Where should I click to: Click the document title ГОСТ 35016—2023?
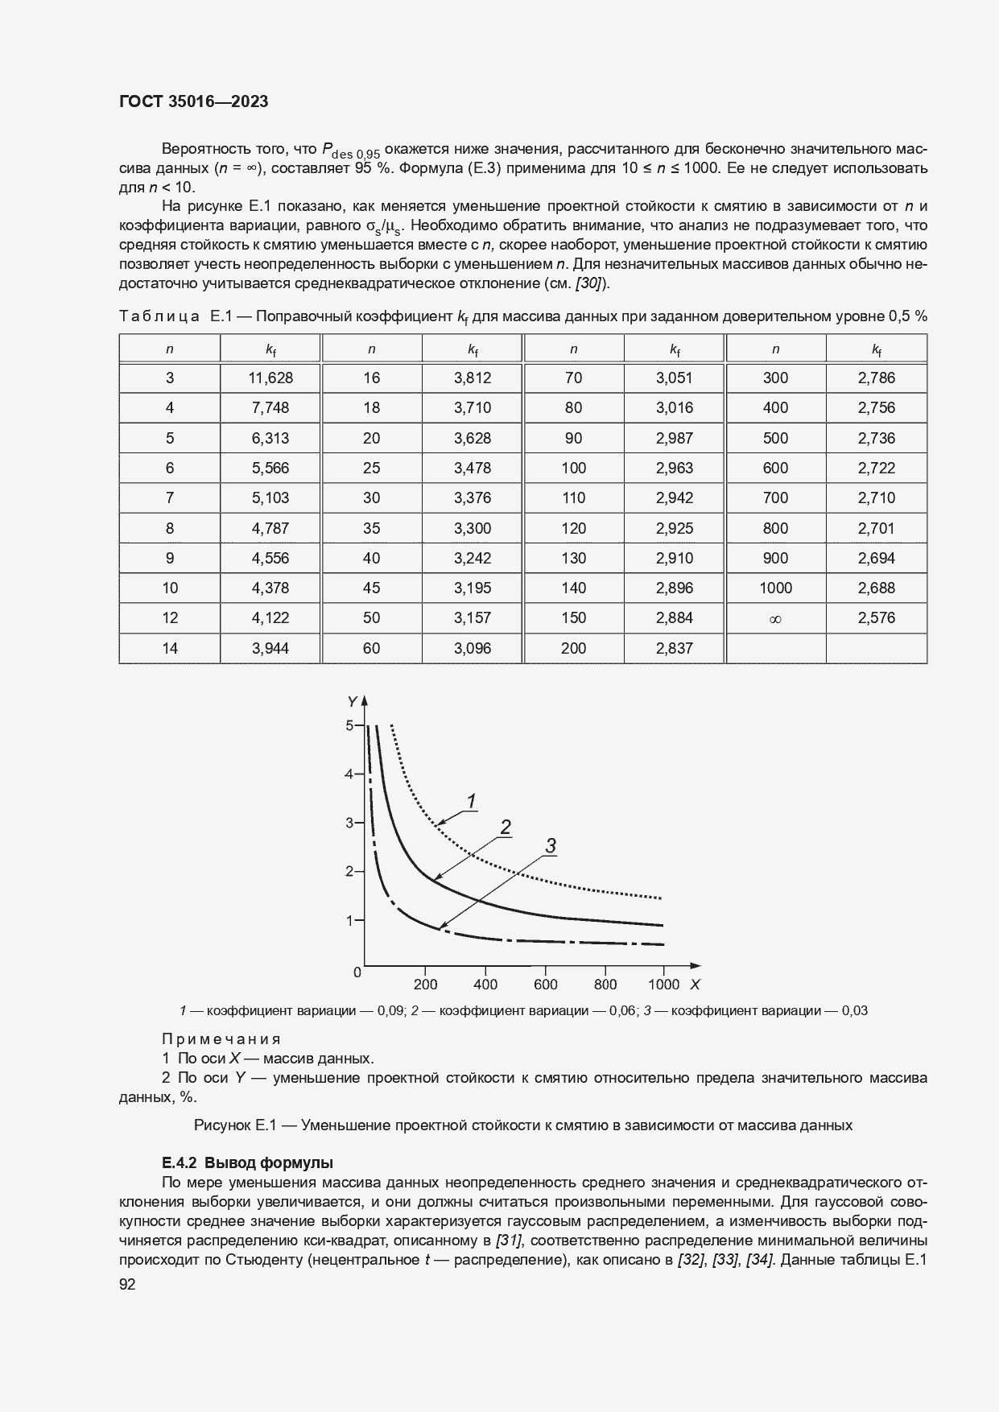(193, 101)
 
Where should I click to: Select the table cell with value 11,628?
(270, 378)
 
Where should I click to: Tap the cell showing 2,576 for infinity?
(876, 617)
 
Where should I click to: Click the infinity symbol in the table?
(775, 619)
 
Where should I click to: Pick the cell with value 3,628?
(473, 438)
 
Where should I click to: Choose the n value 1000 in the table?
(775, 588)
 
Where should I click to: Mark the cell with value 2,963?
(675, 468)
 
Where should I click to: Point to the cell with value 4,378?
(270, 588)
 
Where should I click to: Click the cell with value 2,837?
(675, 648)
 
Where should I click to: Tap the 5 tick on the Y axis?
(349, 725)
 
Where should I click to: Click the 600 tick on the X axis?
(546, 985)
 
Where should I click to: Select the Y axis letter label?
(352, 702)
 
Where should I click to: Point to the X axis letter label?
(695, 985)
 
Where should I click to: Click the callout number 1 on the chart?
(473, 800)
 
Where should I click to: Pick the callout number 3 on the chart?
(551, 845)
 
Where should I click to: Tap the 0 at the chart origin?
(357, 972)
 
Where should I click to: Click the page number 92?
(127, 1285)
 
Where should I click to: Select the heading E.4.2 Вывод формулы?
(247, 1162)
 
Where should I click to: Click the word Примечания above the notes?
(221, 1039)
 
